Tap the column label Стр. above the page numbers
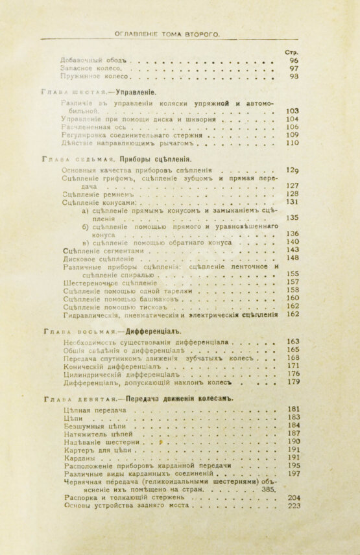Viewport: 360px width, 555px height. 291,52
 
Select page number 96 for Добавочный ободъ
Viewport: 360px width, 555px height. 294,60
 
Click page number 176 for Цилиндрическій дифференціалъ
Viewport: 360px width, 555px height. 293,374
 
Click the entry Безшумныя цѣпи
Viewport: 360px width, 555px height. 91,426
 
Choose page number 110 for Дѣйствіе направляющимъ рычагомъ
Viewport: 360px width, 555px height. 292,143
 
